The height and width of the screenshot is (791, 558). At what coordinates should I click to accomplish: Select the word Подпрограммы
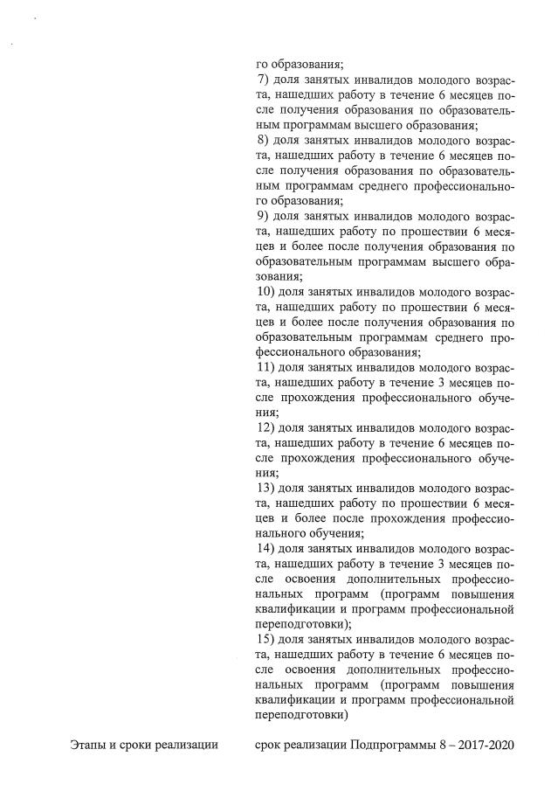coord(397,745)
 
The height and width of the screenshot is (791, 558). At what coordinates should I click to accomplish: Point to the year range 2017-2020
coord(486,745)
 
